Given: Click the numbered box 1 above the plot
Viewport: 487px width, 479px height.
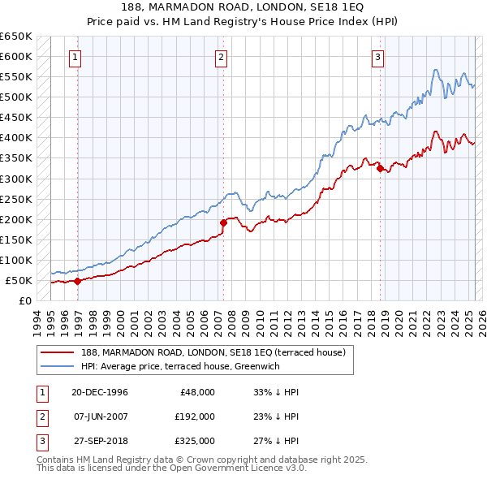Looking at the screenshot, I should pyautogui.click(x=75, y=57).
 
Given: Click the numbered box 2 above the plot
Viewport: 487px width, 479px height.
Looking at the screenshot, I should pyautogui.click(x=221, y=57).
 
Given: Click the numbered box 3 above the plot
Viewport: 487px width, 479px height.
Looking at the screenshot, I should pyautogui.click(x=378, y=57).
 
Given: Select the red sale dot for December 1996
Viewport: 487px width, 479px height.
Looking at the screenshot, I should pyautogui.click(x=78, y=281).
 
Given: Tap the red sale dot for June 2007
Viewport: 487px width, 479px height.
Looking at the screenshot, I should pyautogui.click(x=223, y=222).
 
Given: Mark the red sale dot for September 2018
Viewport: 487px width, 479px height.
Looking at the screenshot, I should pyautogui.click(x=380, y=168).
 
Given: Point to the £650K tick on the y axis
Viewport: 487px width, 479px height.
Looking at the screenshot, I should pyautogui.click(x=16, y=37).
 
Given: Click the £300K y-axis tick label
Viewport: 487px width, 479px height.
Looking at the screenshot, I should pyautogui.click(x=16, y=179).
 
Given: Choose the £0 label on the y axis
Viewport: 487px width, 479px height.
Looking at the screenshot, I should pyautogui.click(x=25, y=300).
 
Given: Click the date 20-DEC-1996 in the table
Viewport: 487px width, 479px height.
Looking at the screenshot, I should pyautogui.click(x=99, y=392).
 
